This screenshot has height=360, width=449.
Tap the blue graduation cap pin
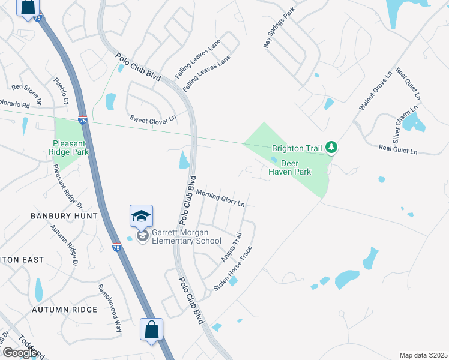141,215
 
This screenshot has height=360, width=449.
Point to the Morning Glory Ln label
220,199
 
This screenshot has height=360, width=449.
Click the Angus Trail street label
231,247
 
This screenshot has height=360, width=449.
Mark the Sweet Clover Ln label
153,119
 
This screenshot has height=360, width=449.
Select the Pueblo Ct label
61,90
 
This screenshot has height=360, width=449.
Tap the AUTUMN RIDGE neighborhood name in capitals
64,310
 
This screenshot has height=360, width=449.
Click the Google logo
20,353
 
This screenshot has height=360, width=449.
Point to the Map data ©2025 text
423,355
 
